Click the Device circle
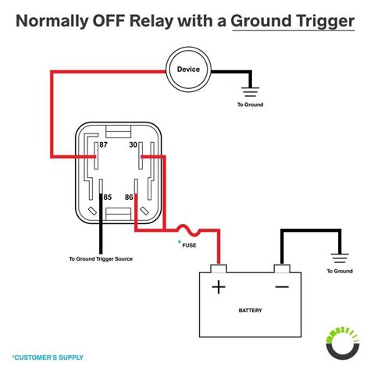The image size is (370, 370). click(x=187, y=70)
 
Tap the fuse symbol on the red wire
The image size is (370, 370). click(x=188, y=230)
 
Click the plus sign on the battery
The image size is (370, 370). click(x=219, y=287)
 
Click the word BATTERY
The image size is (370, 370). click(x=250, y=310)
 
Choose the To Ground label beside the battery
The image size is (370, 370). click(x=340, y=271)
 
